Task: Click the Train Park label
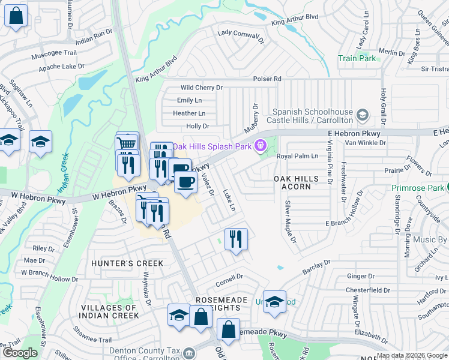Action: [357, 58]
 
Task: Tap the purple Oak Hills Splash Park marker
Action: [261, 145]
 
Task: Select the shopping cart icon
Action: [127, 143]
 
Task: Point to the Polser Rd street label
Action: [267, 79]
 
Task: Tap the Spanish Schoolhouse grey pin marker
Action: [362, 114]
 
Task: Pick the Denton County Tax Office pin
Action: [190, 352]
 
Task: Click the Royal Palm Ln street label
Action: [297, 156]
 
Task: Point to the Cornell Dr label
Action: [228, 277]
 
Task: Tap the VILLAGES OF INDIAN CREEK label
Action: [109, 311]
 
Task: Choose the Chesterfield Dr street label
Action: [369, 290]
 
